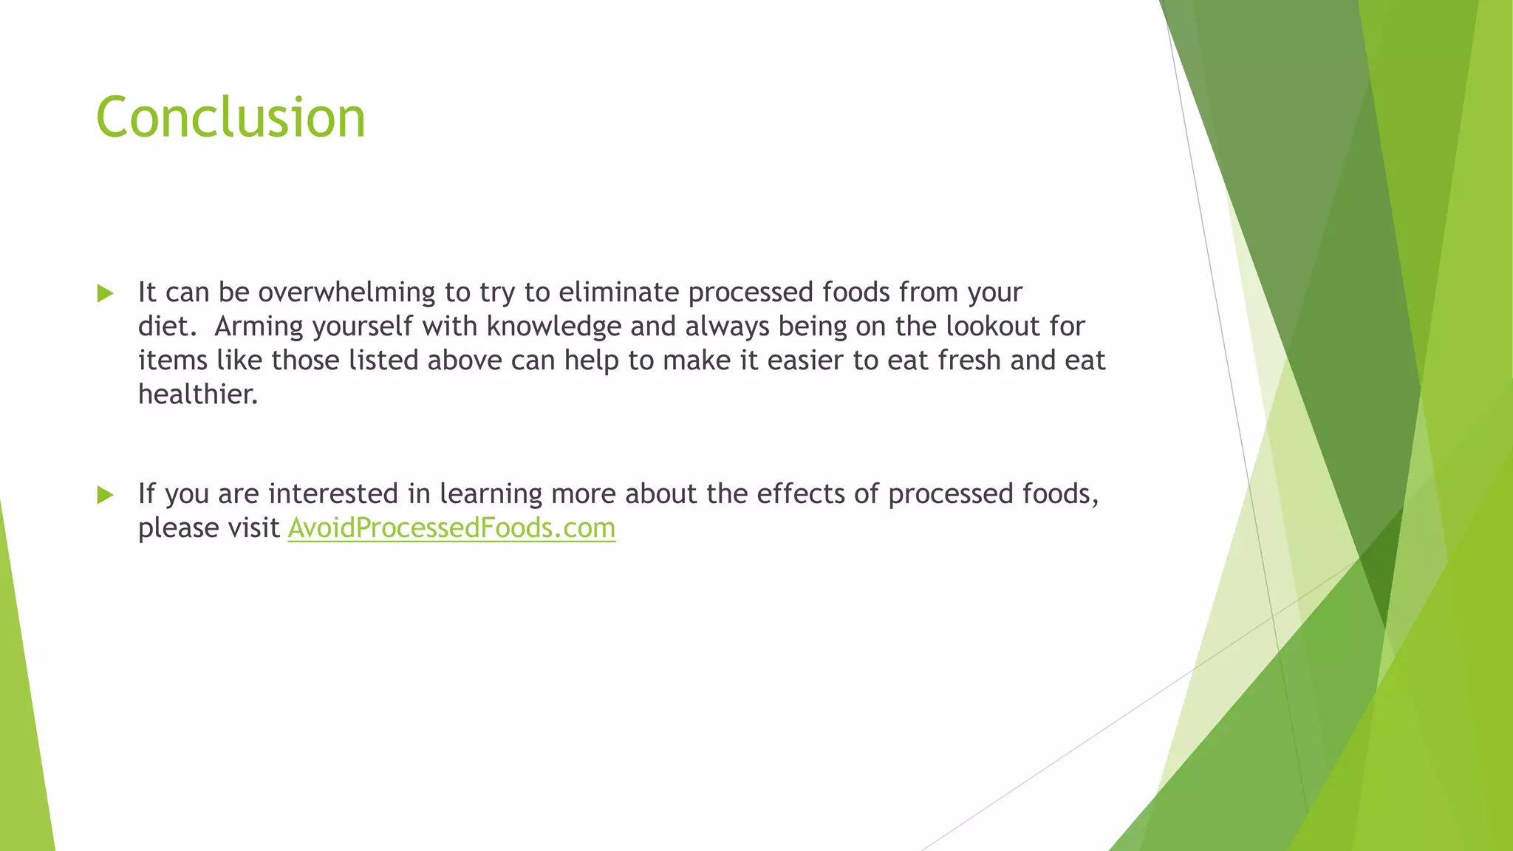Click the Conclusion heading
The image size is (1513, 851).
coord(230,117)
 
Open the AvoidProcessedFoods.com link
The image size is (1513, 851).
coord(451,528)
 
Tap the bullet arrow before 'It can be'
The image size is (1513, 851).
coord(105,294)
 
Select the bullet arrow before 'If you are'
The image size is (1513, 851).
coord(105,495)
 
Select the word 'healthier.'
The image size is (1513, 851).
coord(198,394)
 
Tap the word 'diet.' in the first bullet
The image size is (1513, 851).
coord(164,327)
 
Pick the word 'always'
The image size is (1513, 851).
coord(728,327)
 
